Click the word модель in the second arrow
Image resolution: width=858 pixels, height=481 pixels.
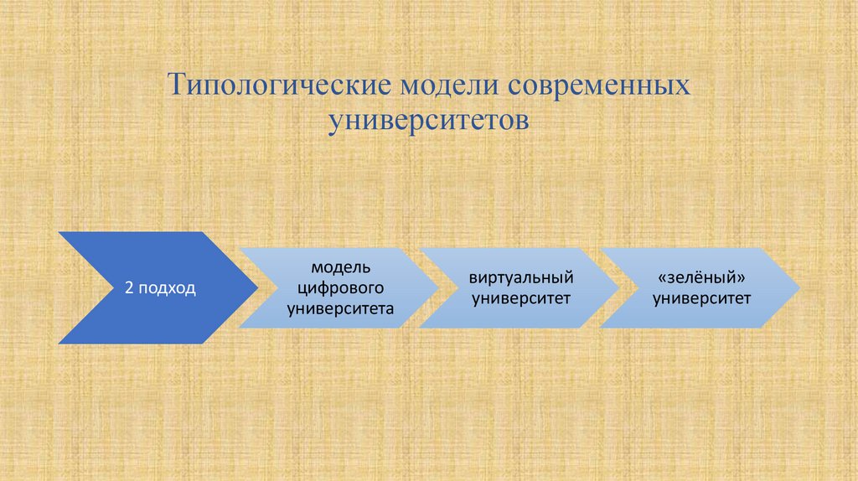click(340, 267)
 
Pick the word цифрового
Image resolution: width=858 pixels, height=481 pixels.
click(340, 287)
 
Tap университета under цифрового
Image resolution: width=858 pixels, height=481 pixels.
click(340, 308)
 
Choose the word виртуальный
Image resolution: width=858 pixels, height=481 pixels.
click(520, 277)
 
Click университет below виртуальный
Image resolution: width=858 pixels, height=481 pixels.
click(520, 297)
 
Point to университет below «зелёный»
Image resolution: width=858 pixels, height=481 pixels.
click(702, 297)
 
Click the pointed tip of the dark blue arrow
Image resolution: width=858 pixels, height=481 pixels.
click(256, 288)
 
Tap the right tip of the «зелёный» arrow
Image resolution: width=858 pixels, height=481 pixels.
click(799, 288)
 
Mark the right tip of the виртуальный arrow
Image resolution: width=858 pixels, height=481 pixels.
click(618, 288)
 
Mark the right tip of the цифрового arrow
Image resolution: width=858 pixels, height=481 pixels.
click(437, 288)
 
